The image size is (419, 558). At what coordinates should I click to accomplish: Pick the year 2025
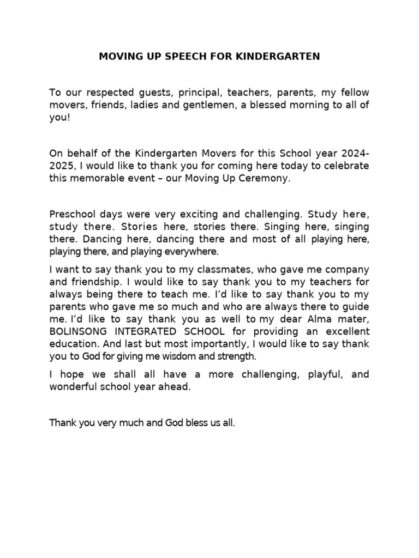tap(62, 165)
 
